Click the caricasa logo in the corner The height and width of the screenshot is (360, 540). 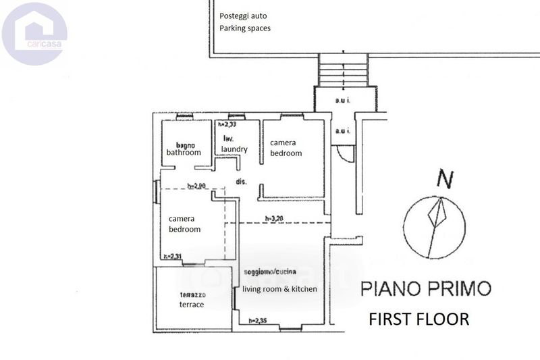[34, 32]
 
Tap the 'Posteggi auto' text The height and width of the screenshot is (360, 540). [242, 16]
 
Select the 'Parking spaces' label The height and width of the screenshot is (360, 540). [245, 28]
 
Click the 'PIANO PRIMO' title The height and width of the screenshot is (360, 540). [425, 289]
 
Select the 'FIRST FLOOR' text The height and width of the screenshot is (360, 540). [418, 319]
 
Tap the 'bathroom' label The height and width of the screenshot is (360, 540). [184, 153]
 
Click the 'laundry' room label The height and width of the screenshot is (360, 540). [234, 149]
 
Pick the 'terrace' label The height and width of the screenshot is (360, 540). [191, 305]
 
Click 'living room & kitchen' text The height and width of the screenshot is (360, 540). [279, 289]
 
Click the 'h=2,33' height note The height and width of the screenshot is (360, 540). [226, 124]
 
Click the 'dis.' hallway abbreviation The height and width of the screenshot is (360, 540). [241, 182]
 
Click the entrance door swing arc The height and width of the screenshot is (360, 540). [345, 155]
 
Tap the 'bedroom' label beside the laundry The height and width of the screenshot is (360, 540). [286, 153]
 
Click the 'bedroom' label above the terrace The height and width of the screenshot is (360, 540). [184, 229]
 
